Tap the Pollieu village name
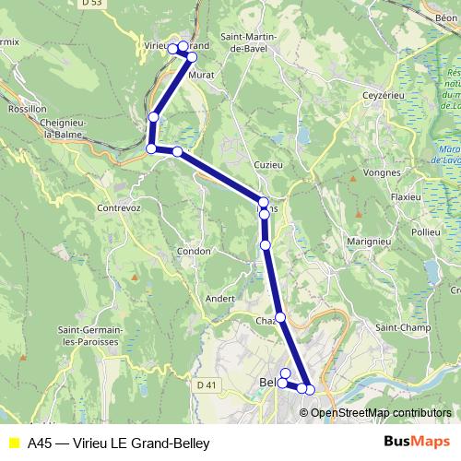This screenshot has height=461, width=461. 426,233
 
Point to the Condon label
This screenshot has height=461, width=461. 194,251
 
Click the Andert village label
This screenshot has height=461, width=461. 220,298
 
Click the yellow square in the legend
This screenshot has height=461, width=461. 13,442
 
